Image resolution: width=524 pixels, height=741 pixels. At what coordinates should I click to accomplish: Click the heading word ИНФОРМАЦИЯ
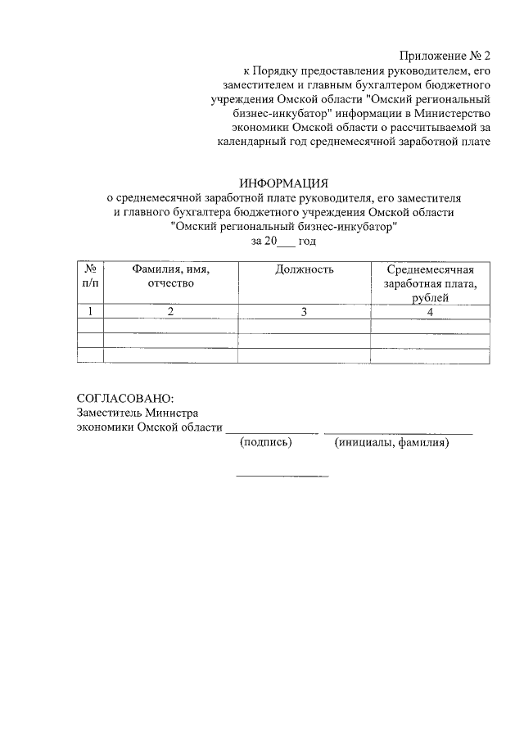(282, 183)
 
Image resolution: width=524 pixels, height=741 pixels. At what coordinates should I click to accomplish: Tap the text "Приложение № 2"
(445, 56)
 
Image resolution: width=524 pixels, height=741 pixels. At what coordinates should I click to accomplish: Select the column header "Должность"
(305, 269)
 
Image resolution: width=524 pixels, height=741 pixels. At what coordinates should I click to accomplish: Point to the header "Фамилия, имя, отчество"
(170, 276)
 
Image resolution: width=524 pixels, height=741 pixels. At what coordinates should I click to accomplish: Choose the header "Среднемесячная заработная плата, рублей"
(431, 283)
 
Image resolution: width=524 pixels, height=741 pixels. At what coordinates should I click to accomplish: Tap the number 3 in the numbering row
(305, 311)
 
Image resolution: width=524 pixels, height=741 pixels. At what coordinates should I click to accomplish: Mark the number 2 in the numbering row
(170, 311)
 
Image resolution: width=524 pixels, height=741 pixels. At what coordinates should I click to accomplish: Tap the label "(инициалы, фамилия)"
(393, 443)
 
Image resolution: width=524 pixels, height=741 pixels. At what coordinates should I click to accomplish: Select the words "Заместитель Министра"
(137, 413)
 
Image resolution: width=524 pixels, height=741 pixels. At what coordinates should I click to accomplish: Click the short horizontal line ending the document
(282, 476)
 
